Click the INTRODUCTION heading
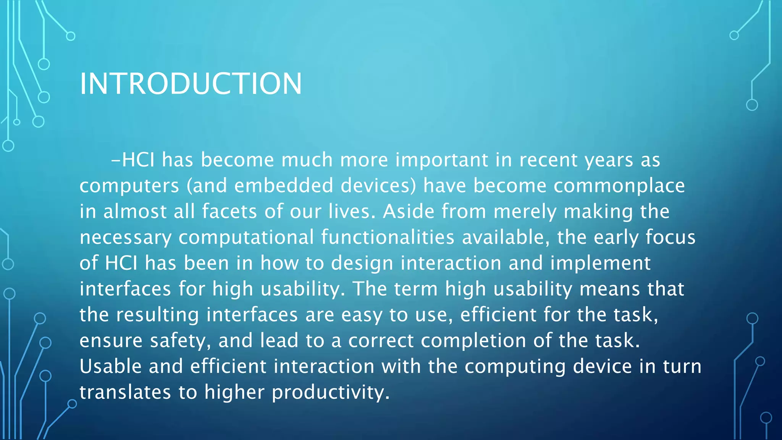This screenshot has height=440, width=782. click(191, 84)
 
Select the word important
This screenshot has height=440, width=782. click(442, 160)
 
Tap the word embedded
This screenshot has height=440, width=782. click(284, 186)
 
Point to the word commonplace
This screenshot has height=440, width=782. click(619, 186)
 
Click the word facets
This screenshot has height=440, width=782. click(229, 211)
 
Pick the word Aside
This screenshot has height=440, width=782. click(409, 211)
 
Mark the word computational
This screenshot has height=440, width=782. click(246, 237)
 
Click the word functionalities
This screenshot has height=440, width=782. click(388, 237)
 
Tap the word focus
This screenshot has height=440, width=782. click(671, 237)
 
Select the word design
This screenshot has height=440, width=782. click(362, 263)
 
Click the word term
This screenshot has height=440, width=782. click(416, 289)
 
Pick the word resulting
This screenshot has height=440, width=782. click(157, 315)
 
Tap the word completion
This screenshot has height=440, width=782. click(473, 341)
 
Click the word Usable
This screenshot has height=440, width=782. click(111, 366)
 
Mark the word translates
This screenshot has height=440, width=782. click(125, 392)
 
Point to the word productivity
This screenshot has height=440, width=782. click(331, 392)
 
